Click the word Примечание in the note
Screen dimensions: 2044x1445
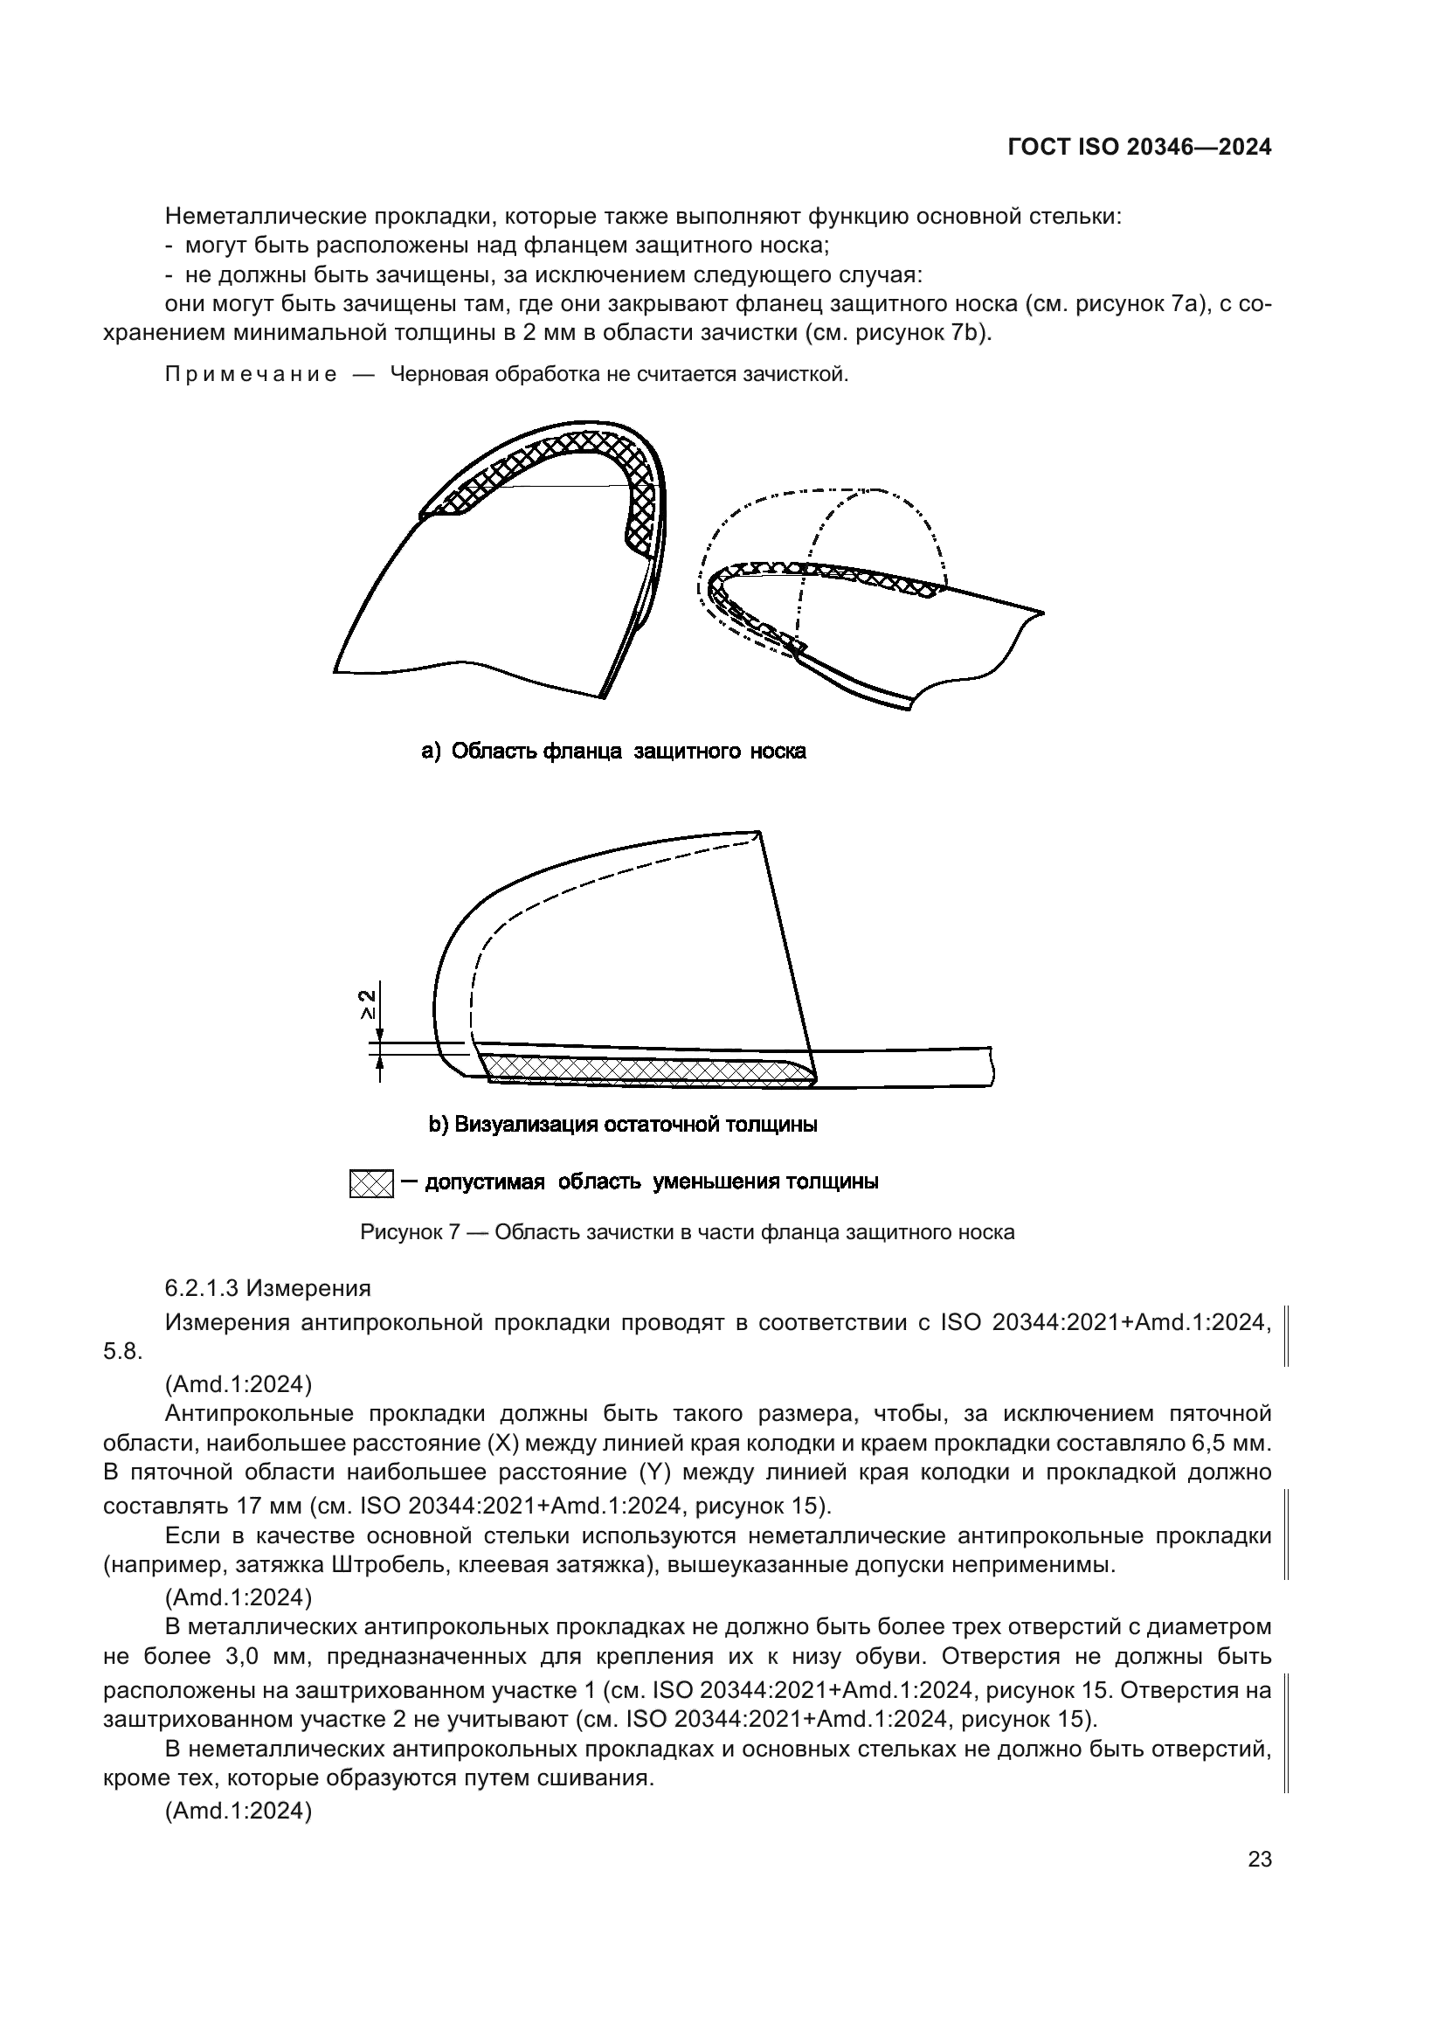click(251, 375)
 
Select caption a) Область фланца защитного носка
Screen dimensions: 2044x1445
click(614, 752)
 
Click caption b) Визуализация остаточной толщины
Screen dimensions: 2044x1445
click(623, 1125)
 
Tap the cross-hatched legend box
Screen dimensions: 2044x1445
click(371, 1183)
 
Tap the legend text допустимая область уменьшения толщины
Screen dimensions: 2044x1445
click(653, 1182)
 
